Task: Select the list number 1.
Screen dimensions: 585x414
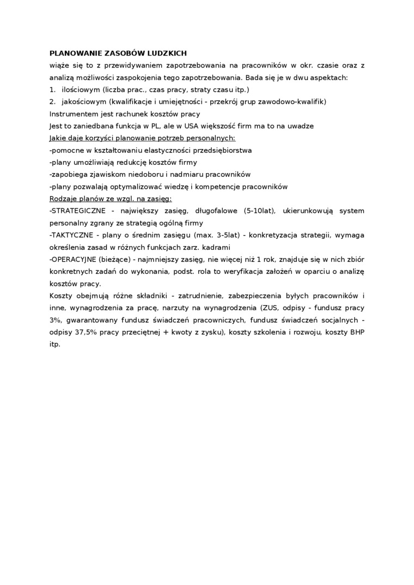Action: [52, 90]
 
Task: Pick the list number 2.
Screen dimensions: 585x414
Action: [52, 102]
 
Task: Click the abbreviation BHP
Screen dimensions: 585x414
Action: [357, 332]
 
